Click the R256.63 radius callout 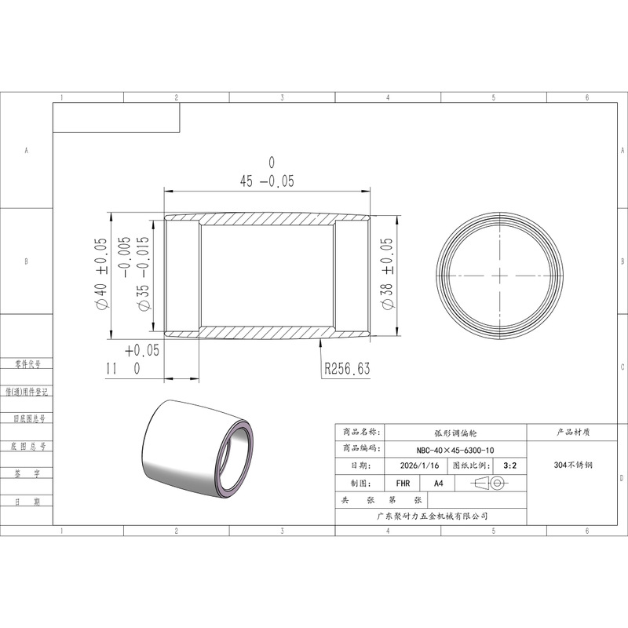347,368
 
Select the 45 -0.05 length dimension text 267,181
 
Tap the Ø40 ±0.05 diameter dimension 101,273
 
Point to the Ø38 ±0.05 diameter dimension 387,273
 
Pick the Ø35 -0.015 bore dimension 143,273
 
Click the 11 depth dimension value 111,368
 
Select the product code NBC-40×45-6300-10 455,450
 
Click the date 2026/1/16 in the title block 419,466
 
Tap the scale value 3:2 509,466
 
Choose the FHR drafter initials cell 403,484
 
